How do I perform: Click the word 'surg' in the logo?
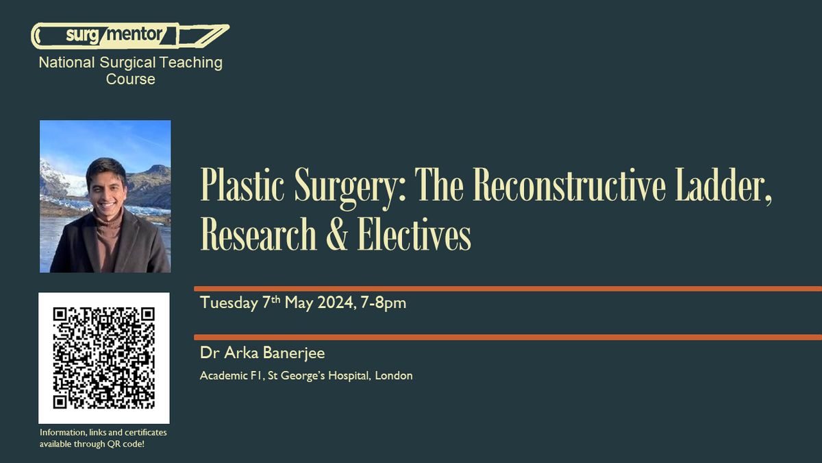(x=83, y=36)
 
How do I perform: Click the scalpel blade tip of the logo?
(x=228, y=26)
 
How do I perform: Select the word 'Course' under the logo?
(x=131, y=79)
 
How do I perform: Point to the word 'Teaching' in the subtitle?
(x=191, y=63)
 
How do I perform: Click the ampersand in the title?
(x=336, y=234)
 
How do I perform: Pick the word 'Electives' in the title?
(x=414, y=234)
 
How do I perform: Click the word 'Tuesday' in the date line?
(x=229, y=303)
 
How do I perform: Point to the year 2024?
(x=336, y=302)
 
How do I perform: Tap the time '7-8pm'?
(x=384, y=303)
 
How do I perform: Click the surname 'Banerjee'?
(x=294, y=353)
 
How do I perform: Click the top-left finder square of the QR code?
(x=60, y=314)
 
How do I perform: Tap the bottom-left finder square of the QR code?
(x=60, y=402)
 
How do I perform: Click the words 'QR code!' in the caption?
(x=125, y=444)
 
